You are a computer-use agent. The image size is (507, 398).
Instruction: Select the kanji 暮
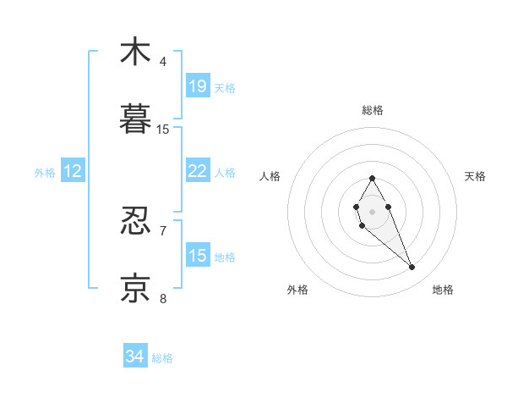coord(135,119)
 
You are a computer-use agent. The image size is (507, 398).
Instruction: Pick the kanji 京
coord(135,288)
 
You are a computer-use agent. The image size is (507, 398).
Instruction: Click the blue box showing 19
coord(198,86)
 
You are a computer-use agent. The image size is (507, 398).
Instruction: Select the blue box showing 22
coord(198,171)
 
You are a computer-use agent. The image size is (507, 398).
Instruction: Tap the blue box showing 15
coord(198,256)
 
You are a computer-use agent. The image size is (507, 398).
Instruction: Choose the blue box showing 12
coord(73,171)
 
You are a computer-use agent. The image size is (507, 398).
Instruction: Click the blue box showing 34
coord(135,357)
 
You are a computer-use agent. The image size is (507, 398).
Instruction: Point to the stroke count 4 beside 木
coord(163,62)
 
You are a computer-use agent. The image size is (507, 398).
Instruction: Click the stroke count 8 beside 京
coord(163,298)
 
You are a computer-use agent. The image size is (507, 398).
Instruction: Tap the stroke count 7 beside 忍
coord(163,230)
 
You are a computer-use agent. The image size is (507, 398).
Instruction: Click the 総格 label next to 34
coord(162,358)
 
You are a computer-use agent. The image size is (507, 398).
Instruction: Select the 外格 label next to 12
coord(45,173)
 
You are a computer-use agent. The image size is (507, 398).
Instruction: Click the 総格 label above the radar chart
coord(372,110)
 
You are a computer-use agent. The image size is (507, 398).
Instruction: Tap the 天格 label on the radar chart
coord(476,176)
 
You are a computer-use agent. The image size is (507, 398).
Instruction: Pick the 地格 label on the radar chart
coord(443,290)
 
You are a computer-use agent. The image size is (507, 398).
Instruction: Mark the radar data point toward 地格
coord(412,268)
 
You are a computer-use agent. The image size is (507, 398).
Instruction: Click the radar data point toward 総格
coord(372,178)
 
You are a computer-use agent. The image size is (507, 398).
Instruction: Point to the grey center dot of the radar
coord(372,211)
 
